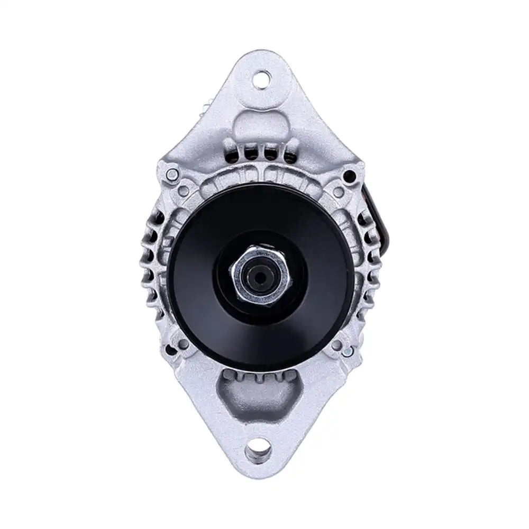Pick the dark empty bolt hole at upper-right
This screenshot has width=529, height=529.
tap(349, 174)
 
